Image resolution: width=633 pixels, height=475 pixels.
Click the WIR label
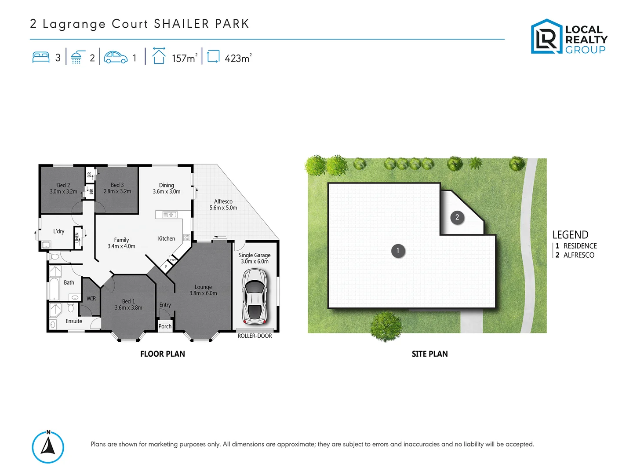pyautogui.click(x=91, y=299)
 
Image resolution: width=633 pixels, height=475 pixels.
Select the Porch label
pyautogui.click(x=165, y=326)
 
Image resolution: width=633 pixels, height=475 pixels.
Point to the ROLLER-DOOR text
pyautogui.click(x=255, y=336)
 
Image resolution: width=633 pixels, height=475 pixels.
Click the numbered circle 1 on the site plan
pyautogui.click(x=398, y=251)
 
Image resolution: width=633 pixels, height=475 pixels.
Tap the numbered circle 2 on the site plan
pyautogui.click(x=457, y=217)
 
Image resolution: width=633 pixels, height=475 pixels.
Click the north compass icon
pyautogui.click(x=48, y=447)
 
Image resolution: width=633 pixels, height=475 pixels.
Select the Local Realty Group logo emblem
pyautogui.click(x=546, y=37)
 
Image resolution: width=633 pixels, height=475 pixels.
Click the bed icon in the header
pyautogui.click(x=41, y=58)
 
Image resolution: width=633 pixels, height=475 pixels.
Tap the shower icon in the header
pyautogui.click(x=76, y=58)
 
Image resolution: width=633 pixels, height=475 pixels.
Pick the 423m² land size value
pyautogui.click(x=238, y=58)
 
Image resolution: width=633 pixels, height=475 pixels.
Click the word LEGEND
pyautogui.click(x=570, y=235)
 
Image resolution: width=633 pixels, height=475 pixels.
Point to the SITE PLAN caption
pyautogui.click(x=429, y=354)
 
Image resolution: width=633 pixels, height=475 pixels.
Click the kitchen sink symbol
pyautogui.click(x=170, y=215)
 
